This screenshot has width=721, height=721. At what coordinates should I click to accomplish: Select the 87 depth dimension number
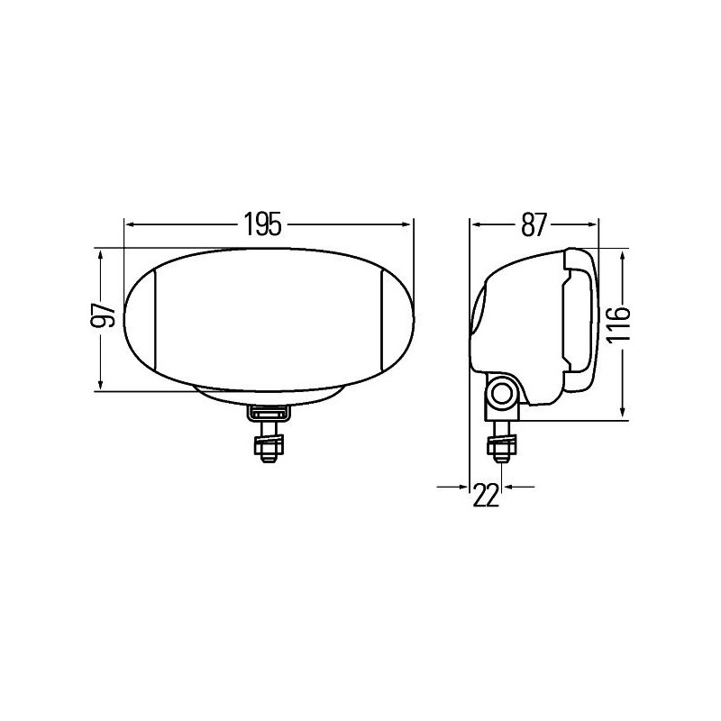tap(534, 222)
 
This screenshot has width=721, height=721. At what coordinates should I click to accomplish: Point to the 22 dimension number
tap(486, 495)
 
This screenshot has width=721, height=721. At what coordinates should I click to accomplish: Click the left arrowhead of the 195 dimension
tap(129, 222)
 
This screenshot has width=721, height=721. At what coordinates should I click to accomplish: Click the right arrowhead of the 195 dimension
tap(408, 222)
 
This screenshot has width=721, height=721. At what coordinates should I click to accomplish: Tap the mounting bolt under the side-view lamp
tap(499, 447)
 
